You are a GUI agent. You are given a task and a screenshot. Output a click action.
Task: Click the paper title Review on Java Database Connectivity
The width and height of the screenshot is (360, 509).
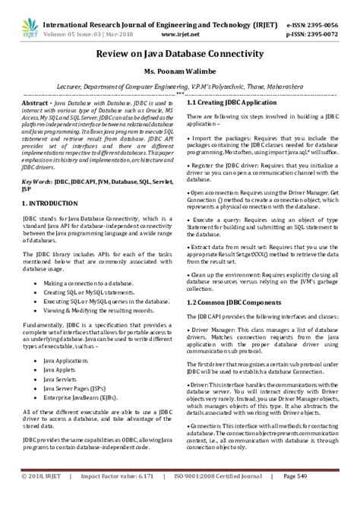pos(179,55)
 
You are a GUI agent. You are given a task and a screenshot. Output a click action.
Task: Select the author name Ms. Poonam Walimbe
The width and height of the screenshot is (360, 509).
pos(179,74)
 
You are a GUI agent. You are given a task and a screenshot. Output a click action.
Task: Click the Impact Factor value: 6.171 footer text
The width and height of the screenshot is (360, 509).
pos(114,497)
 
